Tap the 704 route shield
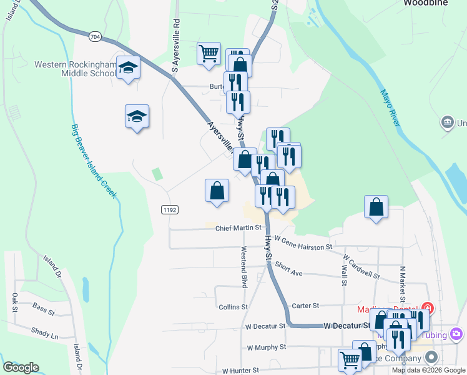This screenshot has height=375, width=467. pyautogui.click(x=94, y=37)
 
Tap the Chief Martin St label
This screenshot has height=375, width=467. pyautogui.click(x=238, y=228)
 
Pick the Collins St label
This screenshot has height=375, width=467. pyautogui.click(x=234, y=307)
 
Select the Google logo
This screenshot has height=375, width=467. pyautogui.click(x=21, y=367)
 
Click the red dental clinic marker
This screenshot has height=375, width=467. pyautogui.click(x=428, y=307)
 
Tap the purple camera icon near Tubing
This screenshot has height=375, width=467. pyautogui.click(x=458, y=335)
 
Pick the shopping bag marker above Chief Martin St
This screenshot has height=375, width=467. pyautogui.click(x=217, y=191)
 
